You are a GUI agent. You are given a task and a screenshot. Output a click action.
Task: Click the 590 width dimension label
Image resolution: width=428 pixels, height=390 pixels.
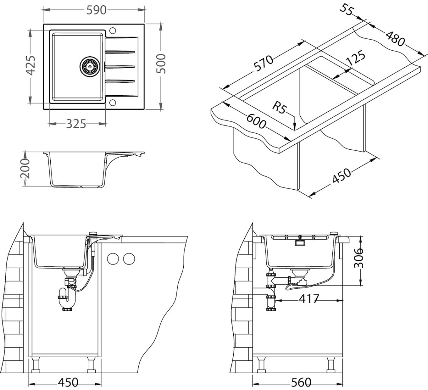click(x=96, y=10)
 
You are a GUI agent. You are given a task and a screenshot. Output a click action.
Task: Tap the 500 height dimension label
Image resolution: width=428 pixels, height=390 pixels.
click(x=161, y=64)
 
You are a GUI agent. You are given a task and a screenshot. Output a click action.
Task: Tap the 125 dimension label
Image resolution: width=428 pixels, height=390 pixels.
click(x=356, y=58)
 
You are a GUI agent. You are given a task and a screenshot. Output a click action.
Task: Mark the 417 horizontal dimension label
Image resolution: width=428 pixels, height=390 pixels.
click(x=309, y=299)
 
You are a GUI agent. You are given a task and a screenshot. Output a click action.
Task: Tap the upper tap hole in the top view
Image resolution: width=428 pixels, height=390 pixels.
click(x=112, y=30)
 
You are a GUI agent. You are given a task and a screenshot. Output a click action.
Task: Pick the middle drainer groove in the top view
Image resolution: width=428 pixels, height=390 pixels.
click(x=120, y=66)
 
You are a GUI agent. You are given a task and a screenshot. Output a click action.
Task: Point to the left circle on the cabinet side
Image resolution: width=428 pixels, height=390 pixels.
click(x=114, y=259)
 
